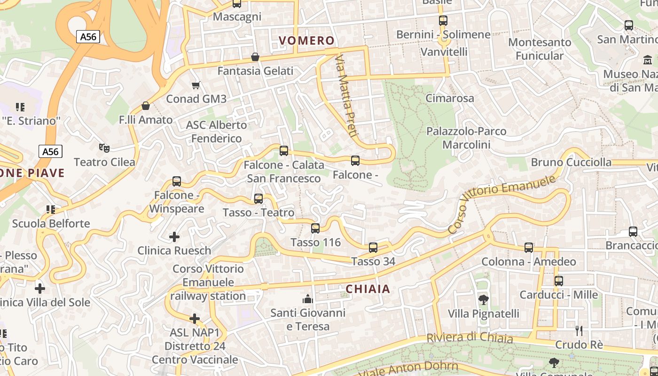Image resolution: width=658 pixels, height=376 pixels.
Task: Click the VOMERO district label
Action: tap(306, 40)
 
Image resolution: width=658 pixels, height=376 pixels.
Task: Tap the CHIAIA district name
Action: tap(368, 289)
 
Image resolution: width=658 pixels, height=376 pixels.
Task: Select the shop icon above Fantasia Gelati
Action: tap(255, 57)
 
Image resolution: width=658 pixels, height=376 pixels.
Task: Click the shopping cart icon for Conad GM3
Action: tap(196, 85)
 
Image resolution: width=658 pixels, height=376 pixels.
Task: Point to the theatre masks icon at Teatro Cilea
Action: tap(104, 148)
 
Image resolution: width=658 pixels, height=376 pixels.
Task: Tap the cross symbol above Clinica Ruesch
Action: tap(174, 236)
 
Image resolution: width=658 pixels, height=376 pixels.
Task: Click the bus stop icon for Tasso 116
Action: tap(315, 228)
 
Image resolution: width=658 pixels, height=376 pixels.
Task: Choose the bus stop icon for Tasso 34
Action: tap(373, 247)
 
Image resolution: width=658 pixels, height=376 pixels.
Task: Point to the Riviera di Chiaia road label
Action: tap(470, 337)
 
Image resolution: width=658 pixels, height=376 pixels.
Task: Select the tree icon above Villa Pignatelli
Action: tap(483, 299)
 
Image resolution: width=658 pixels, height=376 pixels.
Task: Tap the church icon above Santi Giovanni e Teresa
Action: tap(308, 298)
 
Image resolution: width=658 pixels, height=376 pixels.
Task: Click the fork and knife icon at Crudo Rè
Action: tap(579, 331)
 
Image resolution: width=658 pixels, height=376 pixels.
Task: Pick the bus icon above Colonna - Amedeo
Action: tap(529, 248)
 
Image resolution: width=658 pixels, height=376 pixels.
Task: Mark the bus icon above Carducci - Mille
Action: tap(558, 281)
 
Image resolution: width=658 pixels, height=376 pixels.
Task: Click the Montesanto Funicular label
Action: tap(540, 49)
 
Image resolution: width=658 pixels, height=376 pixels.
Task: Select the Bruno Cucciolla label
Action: tap(571, 162)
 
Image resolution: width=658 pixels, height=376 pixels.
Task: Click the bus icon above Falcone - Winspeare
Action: tap(177, 181)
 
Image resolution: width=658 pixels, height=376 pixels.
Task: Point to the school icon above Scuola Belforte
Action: tap(50, 209)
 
